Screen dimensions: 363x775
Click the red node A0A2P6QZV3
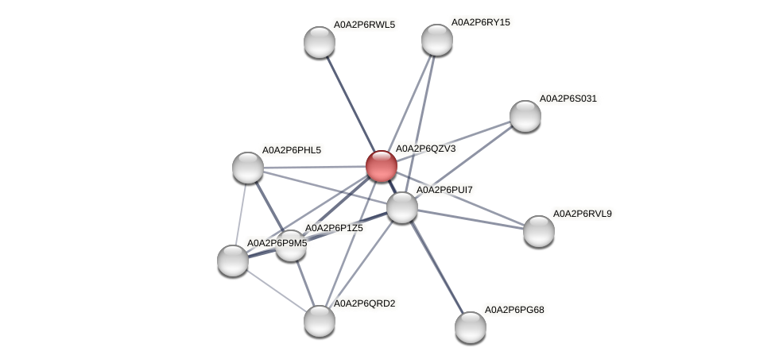tap(381, 166)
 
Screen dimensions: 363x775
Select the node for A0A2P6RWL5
tap(320, 42)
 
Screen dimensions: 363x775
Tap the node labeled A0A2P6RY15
tap(436, 40)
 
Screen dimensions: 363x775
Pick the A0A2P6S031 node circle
tap(525, 116)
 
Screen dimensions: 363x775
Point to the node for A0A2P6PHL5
tap(248, 167)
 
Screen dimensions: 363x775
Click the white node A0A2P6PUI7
tap(402, 207)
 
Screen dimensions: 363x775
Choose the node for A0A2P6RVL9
tap(538, 231)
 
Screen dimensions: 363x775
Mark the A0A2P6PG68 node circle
tap(470, 326)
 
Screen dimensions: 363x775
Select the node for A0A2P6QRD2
tap(320, 320)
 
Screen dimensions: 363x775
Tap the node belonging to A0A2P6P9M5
tap(233, 260)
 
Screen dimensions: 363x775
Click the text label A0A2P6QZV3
tap(425, 149)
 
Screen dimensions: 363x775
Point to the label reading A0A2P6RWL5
tap(364, 25)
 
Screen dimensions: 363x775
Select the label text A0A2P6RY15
tap(481, 22)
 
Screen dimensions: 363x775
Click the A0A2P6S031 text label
tap(568, 98)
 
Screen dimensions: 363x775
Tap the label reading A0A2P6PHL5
tap(292, 150)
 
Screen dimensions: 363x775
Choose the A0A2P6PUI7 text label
tap(446, 190)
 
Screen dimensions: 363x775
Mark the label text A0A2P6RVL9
tap(582, 214)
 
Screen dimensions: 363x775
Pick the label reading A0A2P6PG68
tap(514, 309)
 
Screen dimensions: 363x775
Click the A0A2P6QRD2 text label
tap(364, 303)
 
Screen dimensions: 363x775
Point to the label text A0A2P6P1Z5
tap(334, 228)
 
